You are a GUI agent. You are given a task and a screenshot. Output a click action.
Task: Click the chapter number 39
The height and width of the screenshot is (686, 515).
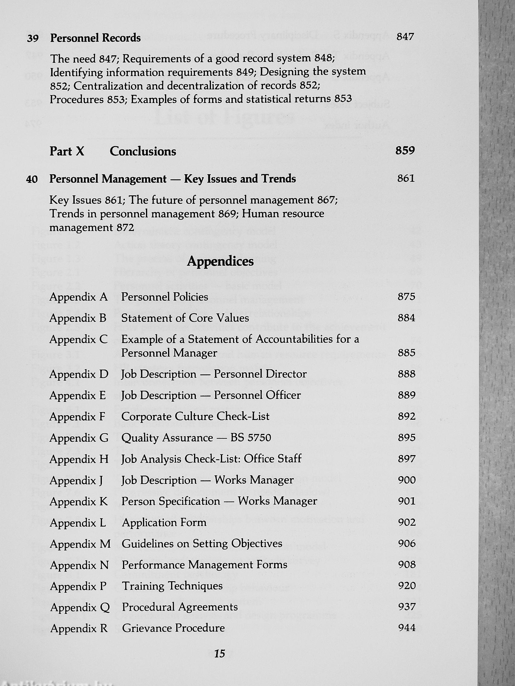(x=33, y=39)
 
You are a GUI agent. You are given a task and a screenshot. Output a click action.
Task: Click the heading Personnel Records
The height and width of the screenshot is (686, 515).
(x=95, y=38)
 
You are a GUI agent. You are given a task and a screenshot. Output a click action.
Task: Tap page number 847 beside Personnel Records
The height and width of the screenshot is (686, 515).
(x=405, y=37)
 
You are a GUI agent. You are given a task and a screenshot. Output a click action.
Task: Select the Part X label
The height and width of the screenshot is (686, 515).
(x=67, y=151)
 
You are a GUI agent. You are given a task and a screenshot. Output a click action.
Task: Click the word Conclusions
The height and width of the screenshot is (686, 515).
(x=143, y=151)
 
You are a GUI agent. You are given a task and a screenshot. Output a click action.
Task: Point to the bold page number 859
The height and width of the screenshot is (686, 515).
(x=405, y=150)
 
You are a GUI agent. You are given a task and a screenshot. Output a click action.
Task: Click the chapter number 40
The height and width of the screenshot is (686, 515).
(x=32, y=179)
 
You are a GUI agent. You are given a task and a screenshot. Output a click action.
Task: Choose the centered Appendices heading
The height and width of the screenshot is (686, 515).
(x=220, y=261)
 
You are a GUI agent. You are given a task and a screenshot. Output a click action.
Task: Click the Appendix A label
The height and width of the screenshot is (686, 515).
(x=78, y=297)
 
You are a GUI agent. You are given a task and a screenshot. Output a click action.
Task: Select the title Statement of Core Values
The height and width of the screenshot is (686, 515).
(x=185, y=318)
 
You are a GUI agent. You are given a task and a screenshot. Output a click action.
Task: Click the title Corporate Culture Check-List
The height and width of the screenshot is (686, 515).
(x=195, y=416)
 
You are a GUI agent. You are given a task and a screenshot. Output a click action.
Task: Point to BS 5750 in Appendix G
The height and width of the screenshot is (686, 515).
(x=251, y=438)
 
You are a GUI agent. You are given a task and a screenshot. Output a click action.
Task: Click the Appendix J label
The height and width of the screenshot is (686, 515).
(x=76, y=480)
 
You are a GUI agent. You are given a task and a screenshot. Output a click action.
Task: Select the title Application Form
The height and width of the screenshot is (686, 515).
(x=164, y=523)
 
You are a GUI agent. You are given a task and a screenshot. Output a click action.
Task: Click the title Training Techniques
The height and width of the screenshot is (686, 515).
(x=172, y=586)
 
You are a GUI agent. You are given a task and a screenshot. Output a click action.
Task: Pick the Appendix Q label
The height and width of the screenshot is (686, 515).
(x=80, y=607)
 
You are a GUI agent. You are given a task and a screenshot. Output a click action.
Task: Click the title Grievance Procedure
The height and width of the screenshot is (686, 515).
(x=173, y=628)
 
